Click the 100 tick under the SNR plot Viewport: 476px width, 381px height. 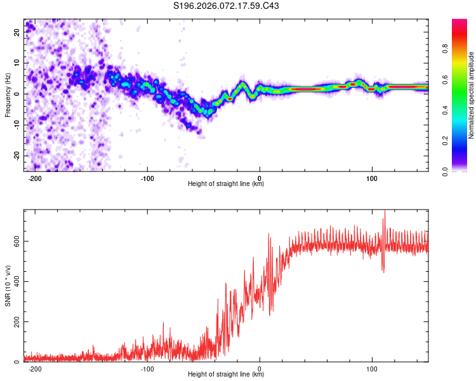[372, 368]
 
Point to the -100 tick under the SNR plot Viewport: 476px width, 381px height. [147, 368]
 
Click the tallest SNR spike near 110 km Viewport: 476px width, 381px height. [384, 212]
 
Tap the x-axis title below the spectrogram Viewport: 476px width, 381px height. [226, 184]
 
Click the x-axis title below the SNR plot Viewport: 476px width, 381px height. [226, 375]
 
